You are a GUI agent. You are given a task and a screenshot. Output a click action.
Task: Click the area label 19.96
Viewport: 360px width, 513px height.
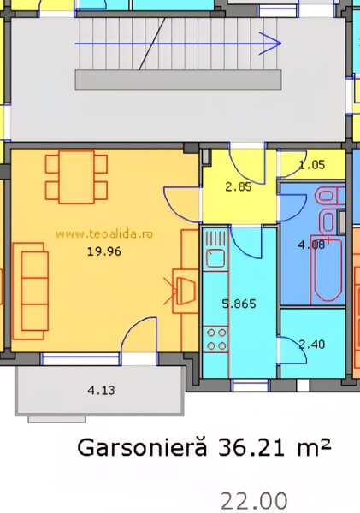tap(104, 251)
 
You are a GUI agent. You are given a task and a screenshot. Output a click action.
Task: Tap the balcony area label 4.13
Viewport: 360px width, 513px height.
tap(101, 390)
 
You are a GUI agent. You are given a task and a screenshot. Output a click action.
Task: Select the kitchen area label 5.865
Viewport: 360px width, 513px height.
tap(239, 304)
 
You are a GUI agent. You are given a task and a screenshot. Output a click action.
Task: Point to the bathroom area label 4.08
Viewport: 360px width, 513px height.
tap(311, 245)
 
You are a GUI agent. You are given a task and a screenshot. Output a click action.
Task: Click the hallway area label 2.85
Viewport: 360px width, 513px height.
tap(239, 186)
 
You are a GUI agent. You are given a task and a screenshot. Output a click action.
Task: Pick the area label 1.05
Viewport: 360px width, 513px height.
tap(312, 164)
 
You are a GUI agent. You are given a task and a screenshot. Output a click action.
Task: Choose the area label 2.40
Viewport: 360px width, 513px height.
tap(312, 344)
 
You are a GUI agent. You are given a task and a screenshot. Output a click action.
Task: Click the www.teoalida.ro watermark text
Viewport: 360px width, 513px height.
tap(104, 234)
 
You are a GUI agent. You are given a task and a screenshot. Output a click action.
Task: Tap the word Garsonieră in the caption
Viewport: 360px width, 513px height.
tap(142, 447)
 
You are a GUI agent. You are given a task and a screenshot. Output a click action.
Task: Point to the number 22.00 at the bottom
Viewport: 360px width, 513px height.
tap(254, 500)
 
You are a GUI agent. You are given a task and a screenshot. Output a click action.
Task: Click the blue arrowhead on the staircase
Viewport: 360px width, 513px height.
tap(270, 44)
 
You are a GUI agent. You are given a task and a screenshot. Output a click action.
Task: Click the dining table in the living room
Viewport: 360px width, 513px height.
tap(77, 177)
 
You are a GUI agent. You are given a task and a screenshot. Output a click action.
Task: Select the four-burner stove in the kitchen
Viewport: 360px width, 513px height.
tap(215, 339)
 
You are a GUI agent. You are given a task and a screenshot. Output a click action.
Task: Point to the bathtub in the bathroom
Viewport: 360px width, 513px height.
tap(327, 268)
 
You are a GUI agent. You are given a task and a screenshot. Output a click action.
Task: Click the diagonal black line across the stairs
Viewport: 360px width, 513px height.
tap(152, 44)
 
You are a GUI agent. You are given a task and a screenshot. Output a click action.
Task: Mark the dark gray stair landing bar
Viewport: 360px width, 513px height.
tap(179, 80)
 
